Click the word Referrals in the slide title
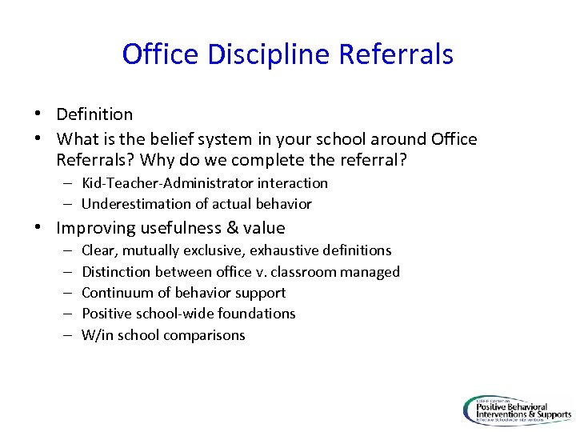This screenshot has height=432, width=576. coord(396,54)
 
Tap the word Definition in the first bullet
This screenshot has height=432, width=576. coord(94,114)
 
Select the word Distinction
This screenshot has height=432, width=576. coord(117,272)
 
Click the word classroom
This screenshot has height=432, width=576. coord(306,272)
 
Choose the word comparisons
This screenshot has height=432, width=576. coord(204,335)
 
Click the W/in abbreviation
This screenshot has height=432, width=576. coord(98,335)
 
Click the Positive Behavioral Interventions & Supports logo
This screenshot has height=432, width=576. coord(517,410)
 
